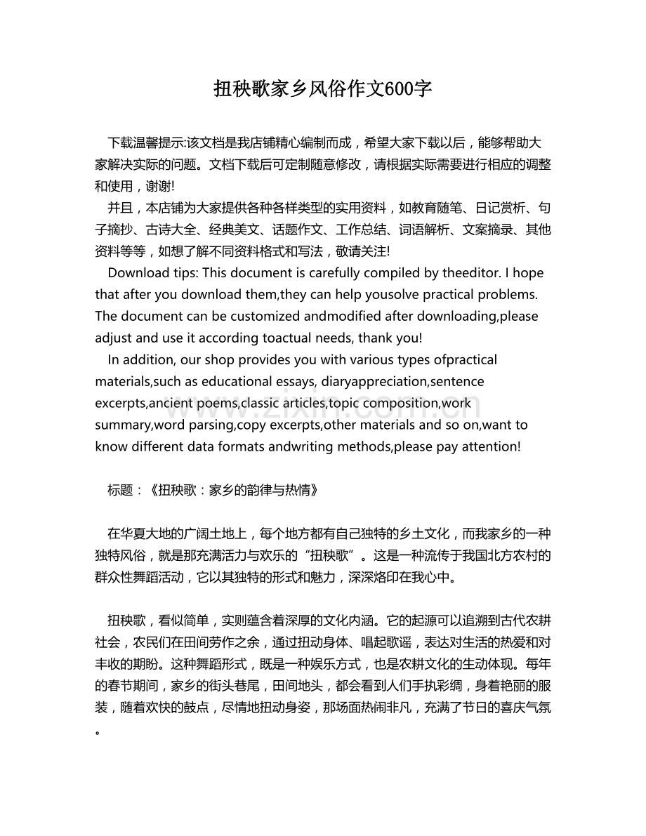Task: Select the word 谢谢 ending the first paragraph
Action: pos(161,186)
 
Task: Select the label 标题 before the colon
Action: pos(120,491)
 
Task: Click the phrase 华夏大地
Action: pos(145,533)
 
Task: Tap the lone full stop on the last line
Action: pos(98,730)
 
